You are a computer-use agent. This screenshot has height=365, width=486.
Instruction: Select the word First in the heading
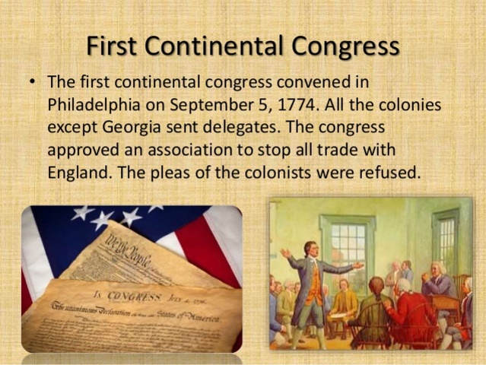[x=116, y=46]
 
